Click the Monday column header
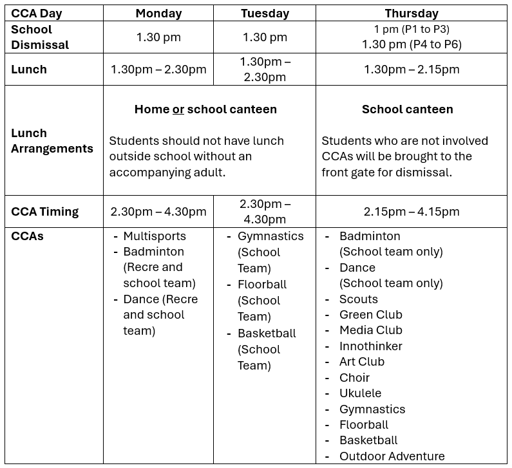(x=158, y=14)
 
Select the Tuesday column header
(x=264, y=14)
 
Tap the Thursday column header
(x=411, y=14)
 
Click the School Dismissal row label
(x=41, y=37)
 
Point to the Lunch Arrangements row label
(x=52, y=141)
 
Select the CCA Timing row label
(x=44, y=212)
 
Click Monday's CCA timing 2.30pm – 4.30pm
(x=158, y=212)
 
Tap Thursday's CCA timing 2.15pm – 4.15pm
(x=412, y=212)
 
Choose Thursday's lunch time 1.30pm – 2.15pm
(x=412, y=70)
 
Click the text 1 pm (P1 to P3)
(x=412, y=30)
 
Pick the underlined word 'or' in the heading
(x=178, y=109)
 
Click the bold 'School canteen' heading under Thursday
(x=407, y=109)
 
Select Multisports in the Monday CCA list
(x=155, y=236)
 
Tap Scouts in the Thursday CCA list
(x=359, y=299)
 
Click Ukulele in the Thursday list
(x=361, y=393)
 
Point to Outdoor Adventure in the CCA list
(x=392, y=456)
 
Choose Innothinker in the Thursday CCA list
(x=371, y=346)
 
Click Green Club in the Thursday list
(x=371, y=315)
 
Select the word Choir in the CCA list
(x=355, y=378)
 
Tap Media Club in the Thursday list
(x=371, y=330)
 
